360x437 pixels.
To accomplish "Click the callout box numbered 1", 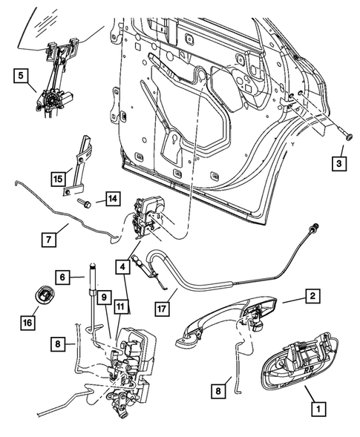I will [318, 407].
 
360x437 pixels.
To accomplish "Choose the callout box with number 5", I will [21, 74].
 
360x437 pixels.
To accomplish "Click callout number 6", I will [65, 276].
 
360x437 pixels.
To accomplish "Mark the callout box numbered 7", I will [49, 239].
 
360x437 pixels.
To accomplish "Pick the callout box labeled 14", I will [111, 198].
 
